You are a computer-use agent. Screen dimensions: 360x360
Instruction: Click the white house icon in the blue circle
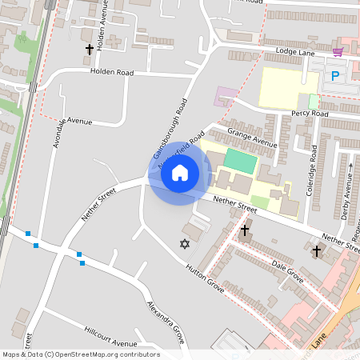pyautogui.click(x=180, y=172)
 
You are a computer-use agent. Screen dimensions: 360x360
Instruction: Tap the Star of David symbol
pyautogui.click(x=186, y=243)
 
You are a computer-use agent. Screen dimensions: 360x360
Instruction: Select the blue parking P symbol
pyautogui.click(x=335, y=76)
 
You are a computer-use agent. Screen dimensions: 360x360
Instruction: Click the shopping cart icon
pyautogui.click(x=338, y=52)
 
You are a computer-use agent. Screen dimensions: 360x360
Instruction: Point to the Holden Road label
pyautogui.click(x=112, y=71)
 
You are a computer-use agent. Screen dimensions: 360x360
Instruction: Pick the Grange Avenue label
pyautogui.click(x=251, y=137)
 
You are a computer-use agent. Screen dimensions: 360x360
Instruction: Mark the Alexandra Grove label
pyautogui.click(x=166, y=322)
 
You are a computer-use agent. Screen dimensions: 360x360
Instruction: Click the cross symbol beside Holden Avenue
pyautogui.click(x=89, y=50)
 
